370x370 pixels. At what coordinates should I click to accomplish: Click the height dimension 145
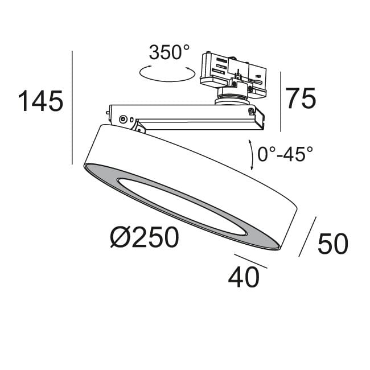pyautogui.click(x=40, y=101)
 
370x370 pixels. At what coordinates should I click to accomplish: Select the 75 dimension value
pyautogui.click(x=300, y=98)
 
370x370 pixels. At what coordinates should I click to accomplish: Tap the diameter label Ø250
pyautogui.click(x=144, y=237)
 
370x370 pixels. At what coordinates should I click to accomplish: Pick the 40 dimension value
pyautogui.click(x=244, y=277)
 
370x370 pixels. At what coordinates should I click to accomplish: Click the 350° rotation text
pyautogui.click(x=169, y=53)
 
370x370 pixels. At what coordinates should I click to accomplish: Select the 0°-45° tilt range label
pyautogui.click(x=285, y=154)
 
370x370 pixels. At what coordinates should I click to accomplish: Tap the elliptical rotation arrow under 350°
pyautogui.click(x=168, y=73)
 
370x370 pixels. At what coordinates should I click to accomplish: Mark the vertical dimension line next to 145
pyautogui.click(x=72, y=108)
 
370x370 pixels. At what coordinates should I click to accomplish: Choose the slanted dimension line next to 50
pyautogui.click(x=308, y=236)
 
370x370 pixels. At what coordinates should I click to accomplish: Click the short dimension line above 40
pyautogui.click(x=250, y=261)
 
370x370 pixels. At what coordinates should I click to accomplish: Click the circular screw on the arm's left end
pyautogui.click(x=122, y=119)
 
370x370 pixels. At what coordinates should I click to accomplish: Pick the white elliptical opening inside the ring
pyautogui.click(x=182, y=205)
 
